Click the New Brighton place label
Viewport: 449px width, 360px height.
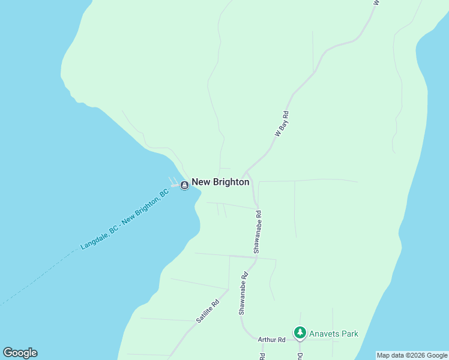[x=220, y=182]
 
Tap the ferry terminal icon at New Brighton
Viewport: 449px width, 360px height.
[x=185, y=185]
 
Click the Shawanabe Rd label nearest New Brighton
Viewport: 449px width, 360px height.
[x=258, y=230]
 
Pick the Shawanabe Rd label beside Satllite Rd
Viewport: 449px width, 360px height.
[x=243, y=295]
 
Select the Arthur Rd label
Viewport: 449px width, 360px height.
[x=271, y=340]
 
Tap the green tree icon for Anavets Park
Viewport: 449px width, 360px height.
[x=300, y=332]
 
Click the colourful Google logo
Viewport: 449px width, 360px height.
[x=20, y=353]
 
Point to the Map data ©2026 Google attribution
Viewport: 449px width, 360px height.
[x=412, y=355]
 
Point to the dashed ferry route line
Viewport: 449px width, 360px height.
[x=36, y=277]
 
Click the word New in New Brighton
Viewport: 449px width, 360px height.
[x=200, y=182]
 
